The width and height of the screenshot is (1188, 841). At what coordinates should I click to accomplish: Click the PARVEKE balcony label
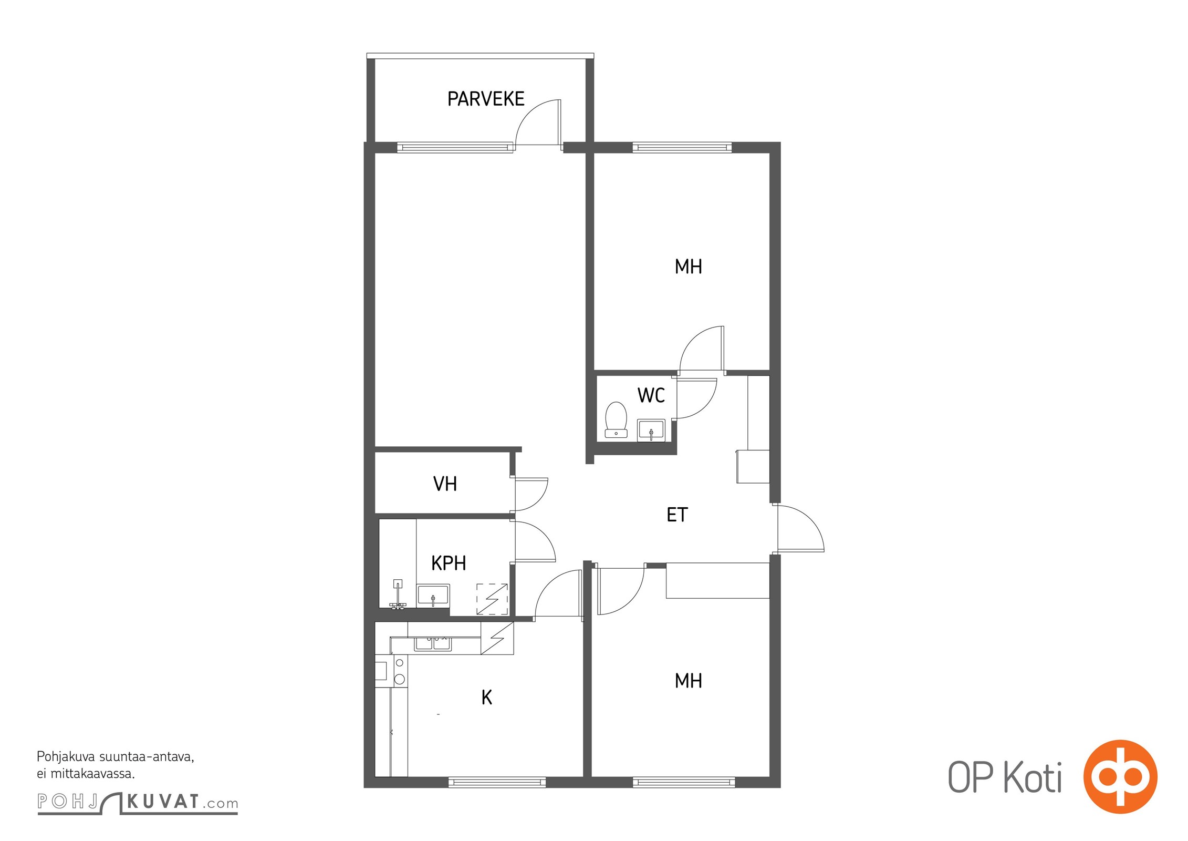486,99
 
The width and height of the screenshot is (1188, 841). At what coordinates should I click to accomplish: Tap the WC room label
651,395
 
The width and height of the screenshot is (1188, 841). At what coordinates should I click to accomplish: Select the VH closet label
445,484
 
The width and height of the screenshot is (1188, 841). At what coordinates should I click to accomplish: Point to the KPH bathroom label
449,563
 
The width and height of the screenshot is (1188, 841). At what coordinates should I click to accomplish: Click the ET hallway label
677,515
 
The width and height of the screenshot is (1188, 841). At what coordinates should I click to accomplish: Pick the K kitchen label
487,698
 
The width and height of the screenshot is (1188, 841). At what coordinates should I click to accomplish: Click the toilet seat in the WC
616,419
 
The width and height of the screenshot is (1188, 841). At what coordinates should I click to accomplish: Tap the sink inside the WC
651,430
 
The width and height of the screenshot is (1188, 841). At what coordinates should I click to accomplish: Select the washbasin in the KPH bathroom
433,596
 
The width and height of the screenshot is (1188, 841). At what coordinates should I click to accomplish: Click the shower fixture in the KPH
398,594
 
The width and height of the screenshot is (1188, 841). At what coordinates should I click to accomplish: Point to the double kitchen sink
433,643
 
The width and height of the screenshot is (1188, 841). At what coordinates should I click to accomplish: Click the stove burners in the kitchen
400,671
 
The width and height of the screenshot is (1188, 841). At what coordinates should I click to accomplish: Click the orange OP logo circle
1120,776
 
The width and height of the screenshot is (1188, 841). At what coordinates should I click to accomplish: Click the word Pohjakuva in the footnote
66,757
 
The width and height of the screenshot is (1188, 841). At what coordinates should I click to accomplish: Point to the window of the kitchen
497,783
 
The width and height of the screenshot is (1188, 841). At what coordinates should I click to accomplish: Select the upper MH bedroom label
689,267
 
